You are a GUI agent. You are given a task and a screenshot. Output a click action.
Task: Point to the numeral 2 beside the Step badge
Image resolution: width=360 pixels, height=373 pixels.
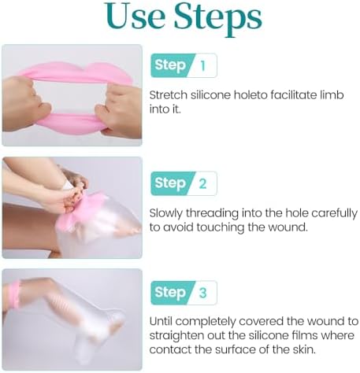click(202, 184)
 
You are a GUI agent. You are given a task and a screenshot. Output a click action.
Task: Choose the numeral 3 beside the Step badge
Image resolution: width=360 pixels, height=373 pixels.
click(202, 293)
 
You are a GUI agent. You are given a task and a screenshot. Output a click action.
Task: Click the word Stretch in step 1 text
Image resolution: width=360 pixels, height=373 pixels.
click(166, 94)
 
